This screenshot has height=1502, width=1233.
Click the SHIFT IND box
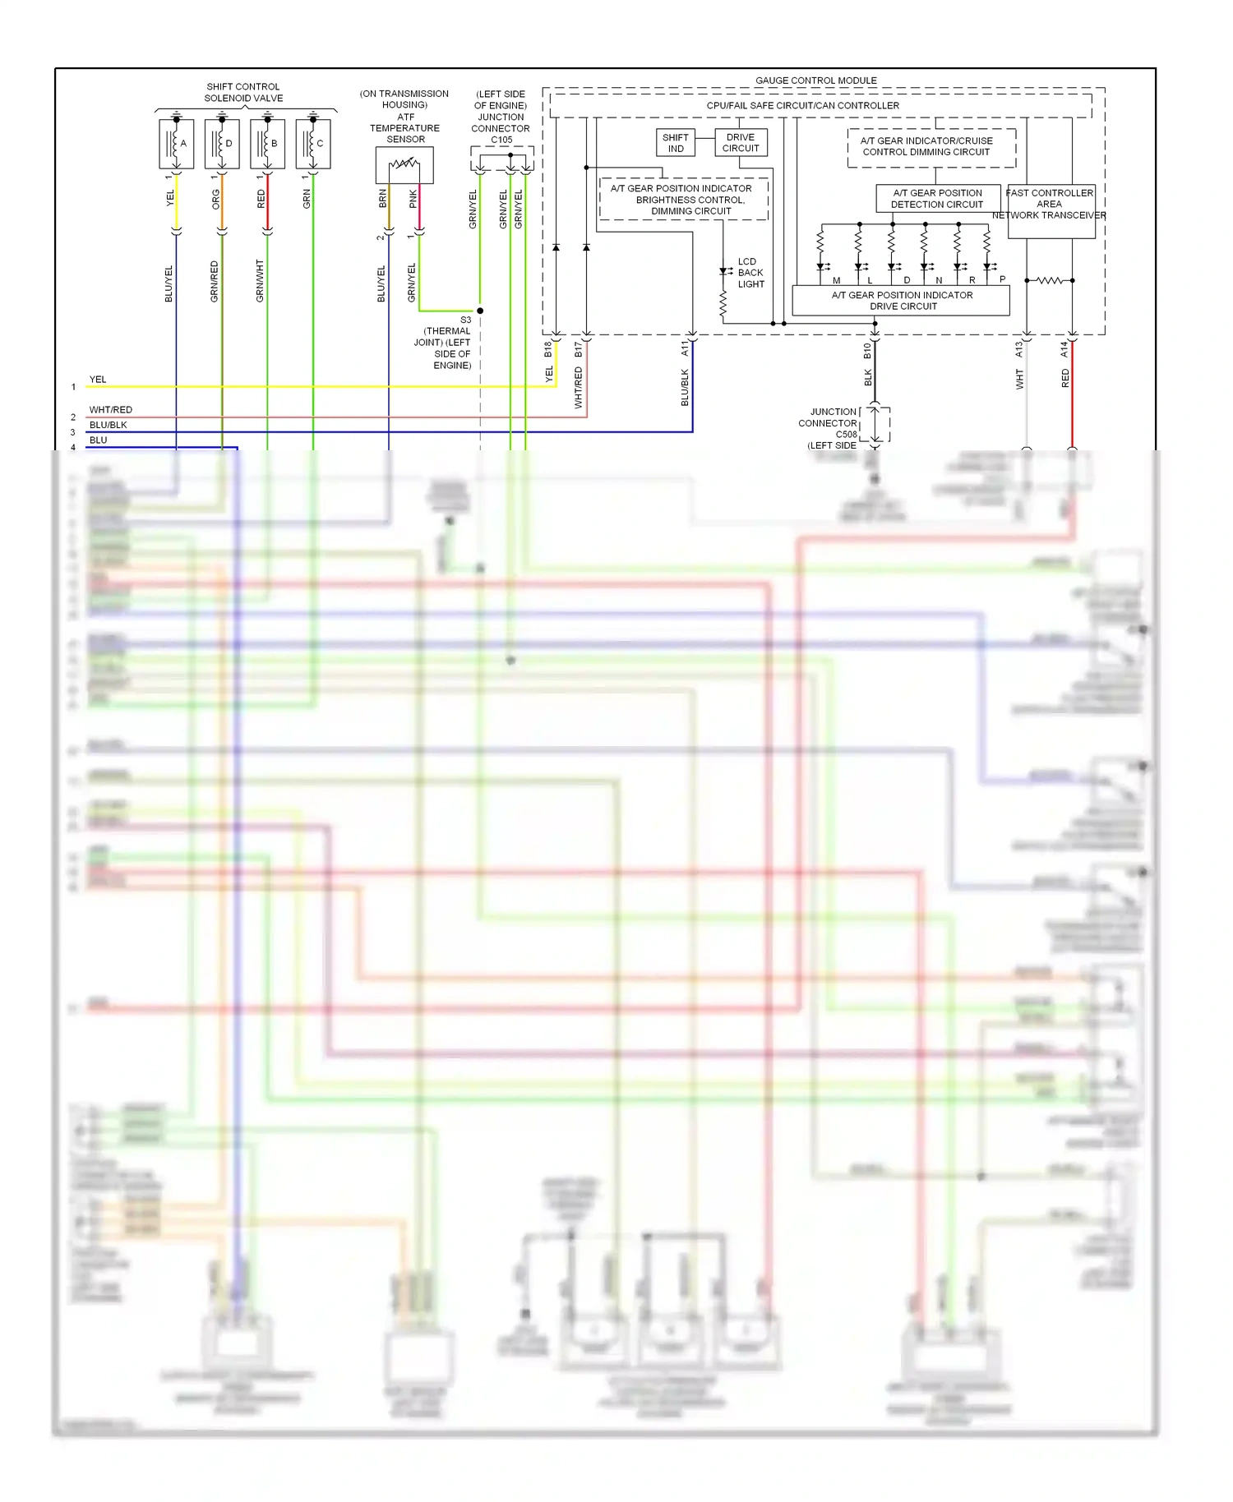[x=676, y=143]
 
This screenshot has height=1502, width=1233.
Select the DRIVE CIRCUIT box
[x=741, y=143]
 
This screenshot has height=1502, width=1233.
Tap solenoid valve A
[x=177, y=144]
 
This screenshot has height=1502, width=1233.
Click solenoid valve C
[x=313, y=144]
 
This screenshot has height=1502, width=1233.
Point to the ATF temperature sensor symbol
[x=404, y=164]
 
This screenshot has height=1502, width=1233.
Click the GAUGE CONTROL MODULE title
[x=815, y=81]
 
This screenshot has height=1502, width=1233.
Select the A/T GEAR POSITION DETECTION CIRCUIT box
[x=937, y=199]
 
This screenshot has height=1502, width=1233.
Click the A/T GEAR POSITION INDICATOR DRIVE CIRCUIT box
[x=901, y=301]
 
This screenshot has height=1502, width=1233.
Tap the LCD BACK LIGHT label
[x=750, y=273]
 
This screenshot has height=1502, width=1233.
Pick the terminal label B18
[x=548, y=349]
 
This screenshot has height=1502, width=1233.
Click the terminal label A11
[x=685, y=349]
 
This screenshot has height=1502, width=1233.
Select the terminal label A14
[x=1064, y=349]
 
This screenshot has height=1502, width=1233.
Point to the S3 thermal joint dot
[x=480, y=311]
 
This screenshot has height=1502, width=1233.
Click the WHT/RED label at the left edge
[x=110, y=409]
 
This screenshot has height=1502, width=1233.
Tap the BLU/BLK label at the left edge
[x=108, y=425]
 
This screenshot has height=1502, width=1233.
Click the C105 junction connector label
[x=501, y=140]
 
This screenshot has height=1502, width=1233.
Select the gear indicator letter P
[x=1002, y=279]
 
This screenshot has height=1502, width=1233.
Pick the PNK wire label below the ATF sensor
[x=413, y=198]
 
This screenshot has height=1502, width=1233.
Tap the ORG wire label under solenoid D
[x=216, y=199]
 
